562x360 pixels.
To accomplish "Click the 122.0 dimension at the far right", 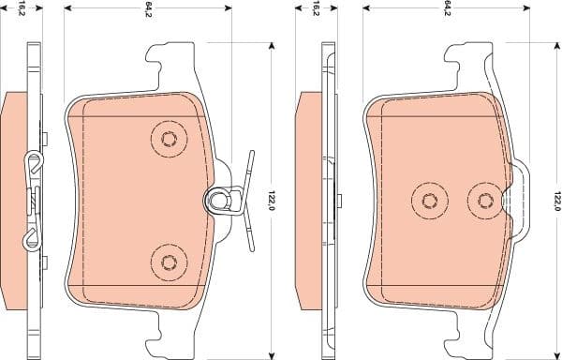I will tap(556, 200).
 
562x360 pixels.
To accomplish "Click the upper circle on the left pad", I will tap(169, 140).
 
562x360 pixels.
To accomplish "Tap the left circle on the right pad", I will tap(429, 200).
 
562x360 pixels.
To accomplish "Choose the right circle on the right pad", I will tap(484, 200).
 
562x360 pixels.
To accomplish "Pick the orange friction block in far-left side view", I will tap(15, 199).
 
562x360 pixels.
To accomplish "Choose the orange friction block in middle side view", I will tap(308, 199).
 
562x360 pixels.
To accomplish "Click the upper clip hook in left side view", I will tap(35, 165).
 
